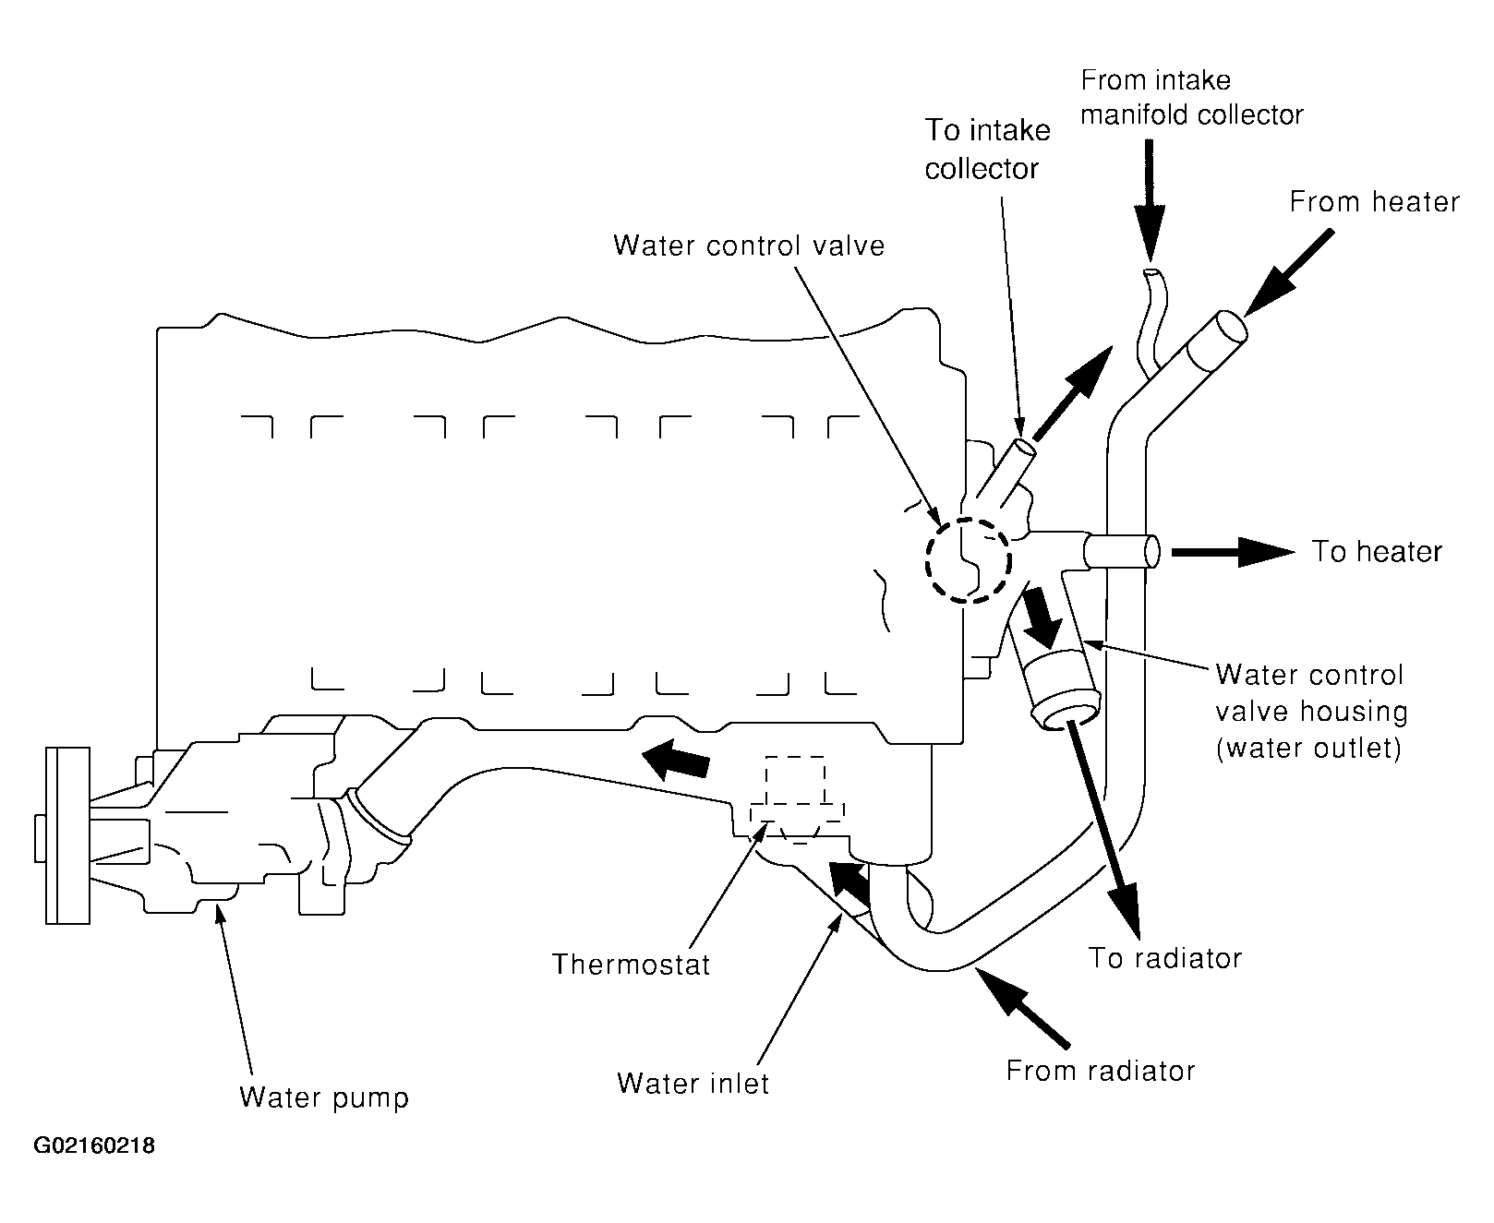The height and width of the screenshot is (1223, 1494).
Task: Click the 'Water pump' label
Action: coord(323,1097)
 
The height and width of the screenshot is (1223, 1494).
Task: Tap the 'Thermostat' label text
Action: coord(632,965)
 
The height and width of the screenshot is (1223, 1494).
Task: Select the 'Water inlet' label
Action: coord(693,1083)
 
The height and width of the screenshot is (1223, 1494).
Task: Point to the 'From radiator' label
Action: coord(1101,1071)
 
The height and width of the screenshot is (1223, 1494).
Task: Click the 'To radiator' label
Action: coord(1165,958)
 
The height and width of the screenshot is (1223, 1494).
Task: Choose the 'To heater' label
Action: coord(1377,552)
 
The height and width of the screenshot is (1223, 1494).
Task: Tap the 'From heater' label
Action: coord(1375,202)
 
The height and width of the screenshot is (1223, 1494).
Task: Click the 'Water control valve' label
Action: coord(749,246)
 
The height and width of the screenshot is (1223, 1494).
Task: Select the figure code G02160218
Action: coord(94,1147)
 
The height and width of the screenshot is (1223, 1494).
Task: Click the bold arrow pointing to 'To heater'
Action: coord(1233,553)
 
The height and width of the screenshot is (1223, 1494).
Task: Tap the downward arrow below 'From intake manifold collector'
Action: coord(1150,198)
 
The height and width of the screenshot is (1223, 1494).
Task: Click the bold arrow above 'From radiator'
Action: coord(1021,1009)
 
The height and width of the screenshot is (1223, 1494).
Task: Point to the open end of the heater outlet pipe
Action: coord(1152,552)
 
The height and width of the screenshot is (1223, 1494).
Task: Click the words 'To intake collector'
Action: coord(987,150)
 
